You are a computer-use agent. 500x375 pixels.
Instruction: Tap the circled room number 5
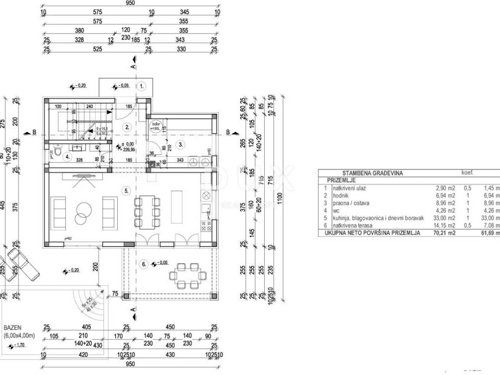[x=126, y=191]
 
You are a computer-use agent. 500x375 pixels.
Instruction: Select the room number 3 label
[x=180, y=145]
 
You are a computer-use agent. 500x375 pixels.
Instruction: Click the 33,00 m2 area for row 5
[x=445, y=218]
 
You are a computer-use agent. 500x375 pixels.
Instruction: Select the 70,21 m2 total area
[x=445, y=233]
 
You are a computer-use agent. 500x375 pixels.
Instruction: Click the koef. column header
[x=467, y=172]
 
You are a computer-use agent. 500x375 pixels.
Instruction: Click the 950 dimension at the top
[x=130, y=2]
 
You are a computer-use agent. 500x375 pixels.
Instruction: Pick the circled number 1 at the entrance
[x=142, y=86]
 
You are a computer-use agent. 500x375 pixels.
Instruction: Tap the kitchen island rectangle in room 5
[x=176, y=207]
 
